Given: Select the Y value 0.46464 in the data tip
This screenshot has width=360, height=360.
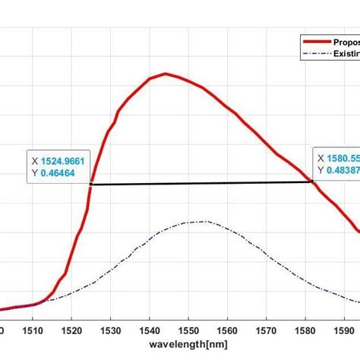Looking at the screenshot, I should point(58,173).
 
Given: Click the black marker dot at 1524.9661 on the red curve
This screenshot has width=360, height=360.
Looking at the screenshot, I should point(91,184).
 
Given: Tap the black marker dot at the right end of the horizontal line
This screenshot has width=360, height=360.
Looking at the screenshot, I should point(311,181).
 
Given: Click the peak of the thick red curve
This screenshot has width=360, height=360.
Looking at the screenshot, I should point(166,74).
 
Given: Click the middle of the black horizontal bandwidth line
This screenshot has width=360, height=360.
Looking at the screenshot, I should point(201,182).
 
